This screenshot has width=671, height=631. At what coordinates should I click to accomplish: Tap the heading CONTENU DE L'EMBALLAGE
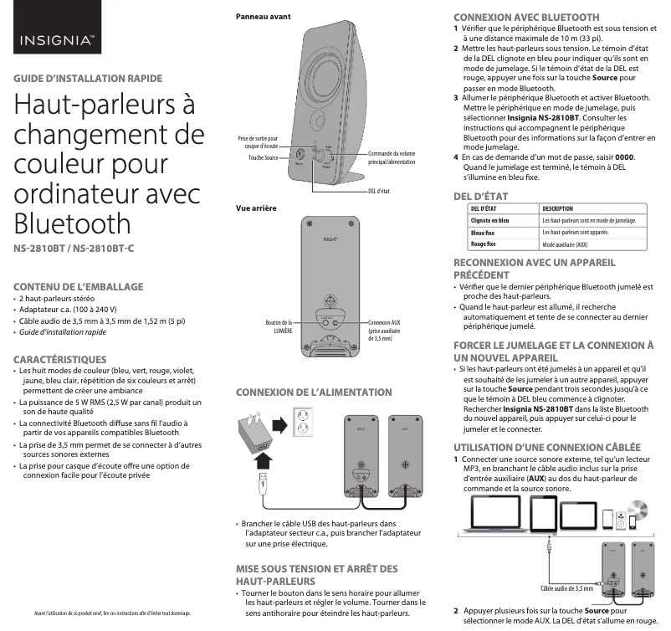pos(79,285)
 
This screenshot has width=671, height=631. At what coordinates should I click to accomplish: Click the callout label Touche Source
pos(263,157)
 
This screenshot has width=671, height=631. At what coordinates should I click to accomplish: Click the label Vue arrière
pos(256,208)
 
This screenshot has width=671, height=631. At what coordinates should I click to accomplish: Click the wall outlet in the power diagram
pos(307,423)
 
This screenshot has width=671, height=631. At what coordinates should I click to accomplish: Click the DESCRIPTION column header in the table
pos(558,208)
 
